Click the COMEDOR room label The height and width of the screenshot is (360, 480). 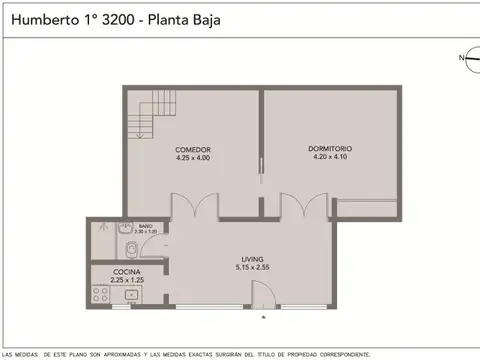tap(192, 149)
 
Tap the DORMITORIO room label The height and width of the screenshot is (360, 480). tap(331, 149)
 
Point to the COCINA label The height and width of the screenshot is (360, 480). tap(126, 272)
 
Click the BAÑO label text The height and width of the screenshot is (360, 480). tap(145, 225)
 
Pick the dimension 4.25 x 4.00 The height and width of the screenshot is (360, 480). tap(192, 157)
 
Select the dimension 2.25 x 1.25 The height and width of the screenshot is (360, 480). tap(126, 280)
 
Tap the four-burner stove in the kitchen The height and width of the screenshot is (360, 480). tap(101, 293)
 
